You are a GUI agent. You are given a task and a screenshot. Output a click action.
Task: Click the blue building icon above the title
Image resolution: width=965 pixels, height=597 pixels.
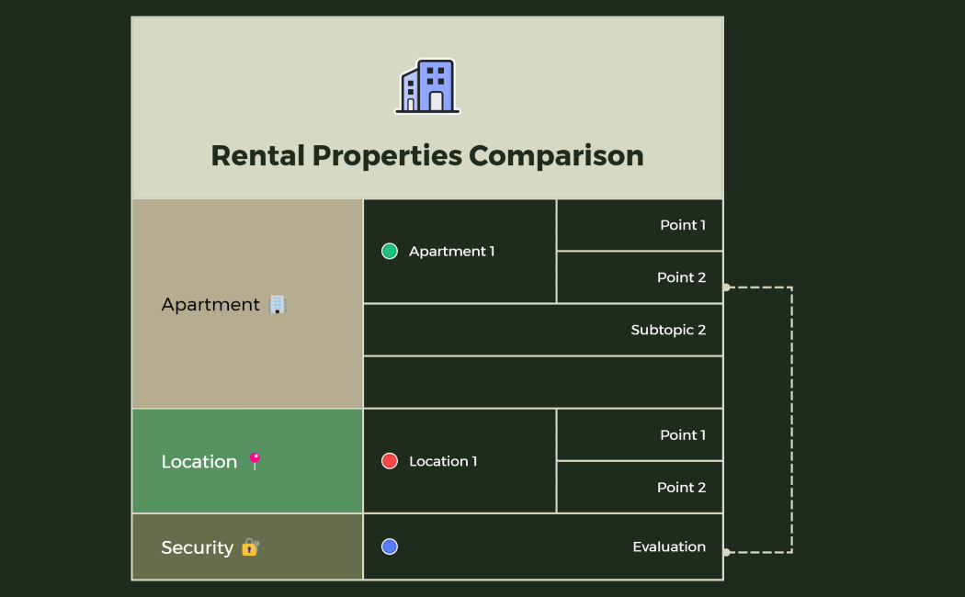(427, 86)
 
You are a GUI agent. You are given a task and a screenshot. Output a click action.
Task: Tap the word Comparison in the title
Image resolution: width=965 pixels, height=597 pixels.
(556, 155)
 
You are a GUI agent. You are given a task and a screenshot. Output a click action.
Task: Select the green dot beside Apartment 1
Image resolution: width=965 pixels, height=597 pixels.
(390, 252)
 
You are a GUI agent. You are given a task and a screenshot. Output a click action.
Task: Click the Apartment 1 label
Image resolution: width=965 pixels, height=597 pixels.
(452, 252)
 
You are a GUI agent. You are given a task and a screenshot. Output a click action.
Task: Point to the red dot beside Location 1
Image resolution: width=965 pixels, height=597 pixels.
(390, 461)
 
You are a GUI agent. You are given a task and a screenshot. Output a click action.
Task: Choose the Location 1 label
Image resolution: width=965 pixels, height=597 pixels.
(443, 461)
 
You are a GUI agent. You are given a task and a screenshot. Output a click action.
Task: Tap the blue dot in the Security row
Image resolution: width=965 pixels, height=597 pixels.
(390, 546)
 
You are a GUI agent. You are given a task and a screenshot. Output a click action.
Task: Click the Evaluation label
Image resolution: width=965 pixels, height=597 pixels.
(669, 546)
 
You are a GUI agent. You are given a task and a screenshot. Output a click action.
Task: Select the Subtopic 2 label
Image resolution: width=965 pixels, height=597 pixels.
(668, 330)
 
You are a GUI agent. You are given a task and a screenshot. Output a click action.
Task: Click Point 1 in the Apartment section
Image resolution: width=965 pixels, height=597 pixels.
(683, 225)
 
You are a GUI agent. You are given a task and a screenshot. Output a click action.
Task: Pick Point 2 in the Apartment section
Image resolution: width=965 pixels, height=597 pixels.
(682, 277)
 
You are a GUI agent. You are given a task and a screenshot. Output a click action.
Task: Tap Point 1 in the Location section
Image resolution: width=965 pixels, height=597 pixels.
(683, 435)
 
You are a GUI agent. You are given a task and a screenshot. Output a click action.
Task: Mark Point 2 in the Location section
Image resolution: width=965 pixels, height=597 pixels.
(682, 488)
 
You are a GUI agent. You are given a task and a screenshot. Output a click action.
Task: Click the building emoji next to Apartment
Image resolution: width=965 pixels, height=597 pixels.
(278, 304)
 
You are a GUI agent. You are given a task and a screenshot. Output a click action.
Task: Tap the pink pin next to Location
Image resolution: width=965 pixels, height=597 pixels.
(255, 461)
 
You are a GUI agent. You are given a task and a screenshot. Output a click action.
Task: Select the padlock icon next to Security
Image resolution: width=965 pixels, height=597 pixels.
(250, 547)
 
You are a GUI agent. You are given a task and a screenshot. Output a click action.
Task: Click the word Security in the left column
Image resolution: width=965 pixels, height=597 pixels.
(197, 547)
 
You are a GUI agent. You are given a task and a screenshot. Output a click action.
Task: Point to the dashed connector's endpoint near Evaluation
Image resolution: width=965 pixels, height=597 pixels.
(726, 552)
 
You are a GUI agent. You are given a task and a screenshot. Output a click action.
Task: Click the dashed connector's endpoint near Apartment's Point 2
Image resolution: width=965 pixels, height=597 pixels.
(726, 287)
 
